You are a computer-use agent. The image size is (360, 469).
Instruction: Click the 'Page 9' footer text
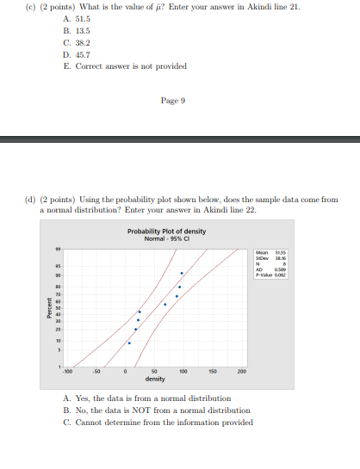(x=172, y=101)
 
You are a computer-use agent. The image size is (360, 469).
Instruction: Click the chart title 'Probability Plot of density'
(x=166, y=231)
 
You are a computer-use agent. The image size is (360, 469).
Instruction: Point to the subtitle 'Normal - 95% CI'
(x=166, y=238)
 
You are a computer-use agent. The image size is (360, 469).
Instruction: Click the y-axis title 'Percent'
(x=49, y=308)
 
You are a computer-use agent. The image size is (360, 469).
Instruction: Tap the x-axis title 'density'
(x=155, y=379)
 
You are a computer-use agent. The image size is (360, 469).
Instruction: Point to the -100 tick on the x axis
(x=66, y=372)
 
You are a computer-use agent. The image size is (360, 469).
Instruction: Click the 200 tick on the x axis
(x=242, y=372)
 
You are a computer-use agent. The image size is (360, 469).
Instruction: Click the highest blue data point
(x=182, y=273)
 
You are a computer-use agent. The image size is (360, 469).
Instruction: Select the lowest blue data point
(x=129, y=342)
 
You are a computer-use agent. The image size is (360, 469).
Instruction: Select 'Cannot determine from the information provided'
(x=162, y=423)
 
